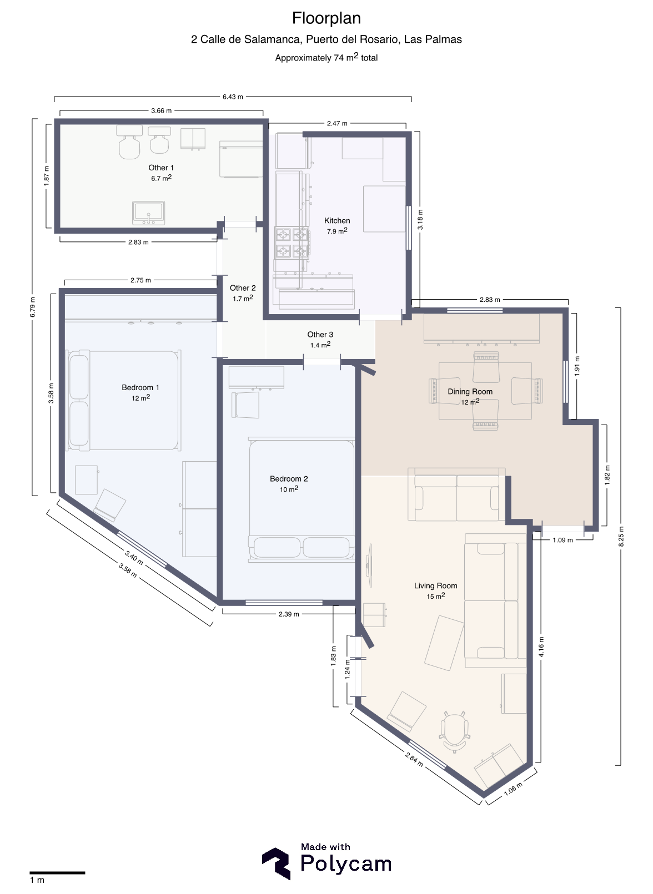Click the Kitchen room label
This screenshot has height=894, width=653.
(336, 220)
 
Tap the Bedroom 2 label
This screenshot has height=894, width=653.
(288, 478)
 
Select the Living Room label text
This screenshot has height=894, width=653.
(435, 585)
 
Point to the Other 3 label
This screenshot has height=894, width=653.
(320, 335)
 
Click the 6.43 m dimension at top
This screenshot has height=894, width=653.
(233, 97)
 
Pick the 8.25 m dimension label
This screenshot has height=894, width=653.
(621, 537)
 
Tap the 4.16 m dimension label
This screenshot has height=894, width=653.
(541, 647)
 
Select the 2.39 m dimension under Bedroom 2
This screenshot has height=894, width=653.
(288, 614)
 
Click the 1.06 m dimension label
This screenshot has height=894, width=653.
(513, 789)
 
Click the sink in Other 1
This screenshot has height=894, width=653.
(148, 213)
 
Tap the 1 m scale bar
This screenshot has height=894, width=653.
(57, 873)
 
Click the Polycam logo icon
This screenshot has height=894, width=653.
(276, 863)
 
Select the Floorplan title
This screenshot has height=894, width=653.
(326, 18)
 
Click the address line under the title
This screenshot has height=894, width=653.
(326, 39)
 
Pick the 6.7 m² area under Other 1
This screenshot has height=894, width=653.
(162, 178)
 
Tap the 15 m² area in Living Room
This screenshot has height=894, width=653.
(435, 596)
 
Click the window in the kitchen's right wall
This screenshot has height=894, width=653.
(409, 228)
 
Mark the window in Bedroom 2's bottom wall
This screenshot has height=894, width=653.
(284, 603)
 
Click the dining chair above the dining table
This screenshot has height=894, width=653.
(486, 367)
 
